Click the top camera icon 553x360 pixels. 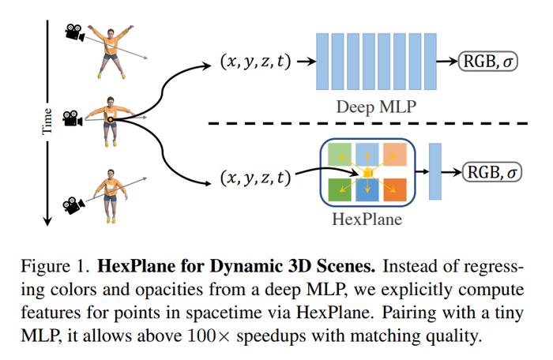pyautogui.click(x=75, y=32)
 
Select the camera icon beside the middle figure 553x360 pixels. pyautogui.click(x=73, y=118)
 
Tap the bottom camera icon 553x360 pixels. pyautogui.click(x=73, y=205)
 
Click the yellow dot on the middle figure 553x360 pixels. pyautogui.click(x=111, y=120)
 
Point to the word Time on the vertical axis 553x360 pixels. pyautogui.click(x=47, y=121)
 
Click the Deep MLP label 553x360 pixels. pyautogui.click(x=376, y=107)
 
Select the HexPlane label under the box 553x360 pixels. pyautogui.click(x=367, y=219)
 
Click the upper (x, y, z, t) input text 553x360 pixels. pyautogui.click(x=256, y=62)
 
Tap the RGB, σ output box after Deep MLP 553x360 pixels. pyautogui.click(x=487, y=62)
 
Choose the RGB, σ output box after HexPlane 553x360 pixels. pyautogui.click(x=491, y=172)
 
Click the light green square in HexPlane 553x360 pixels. pyautogui.click(x=340, y=155)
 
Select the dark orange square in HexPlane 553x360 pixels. pyautogui.click(x=395, y=189)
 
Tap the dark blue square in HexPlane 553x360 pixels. pyautogui.click(x=367, y=189)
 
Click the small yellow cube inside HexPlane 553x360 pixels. pyautogui.click(x=367, y=173)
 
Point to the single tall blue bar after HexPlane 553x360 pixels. pyautogui.click(x=434, y=171)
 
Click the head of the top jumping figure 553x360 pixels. pyautogui.click(x=111, y=33)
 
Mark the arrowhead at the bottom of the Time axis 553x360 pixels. pyautogui.click(x=47, y=220)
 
